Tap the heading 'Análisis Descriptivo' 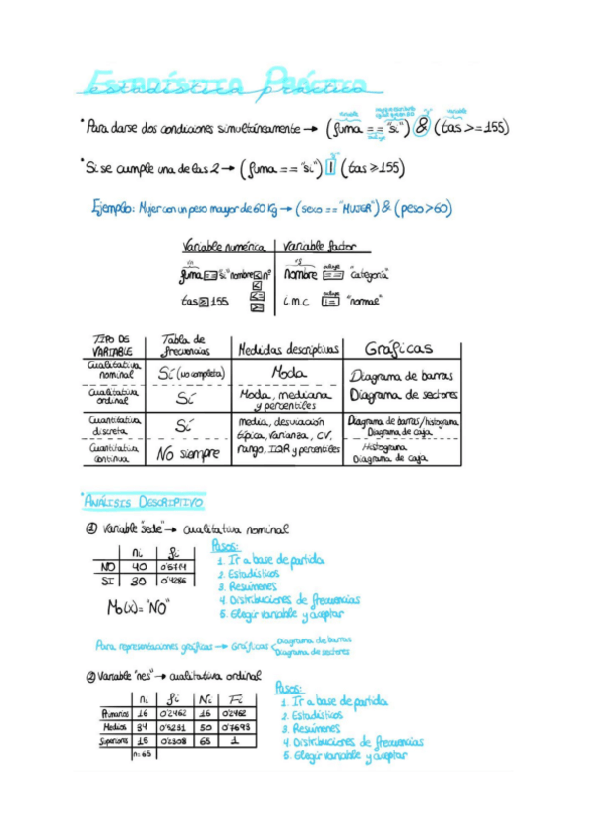coord(144,502)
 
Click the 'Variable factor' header coord(320,246)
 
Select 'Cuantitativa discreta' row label coord(115,424)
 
